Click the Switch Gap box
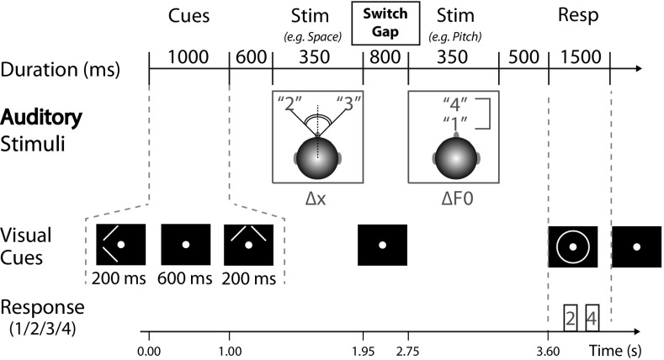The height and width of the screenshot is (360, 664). coord(385,24)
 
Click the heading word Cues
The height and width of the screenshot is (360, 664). coord(189,18)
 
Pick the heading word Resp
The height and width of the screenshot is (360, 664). coord(579,18)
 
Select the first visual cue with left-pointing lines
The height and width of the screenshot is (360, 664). coord(121,246)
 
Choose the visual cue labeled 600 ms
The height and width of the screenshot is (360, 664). coord(185,246)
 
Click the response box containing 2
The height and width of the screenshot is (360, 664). coord(571,318)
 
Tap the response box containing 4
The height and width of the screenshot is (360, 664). coord(592,318)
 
